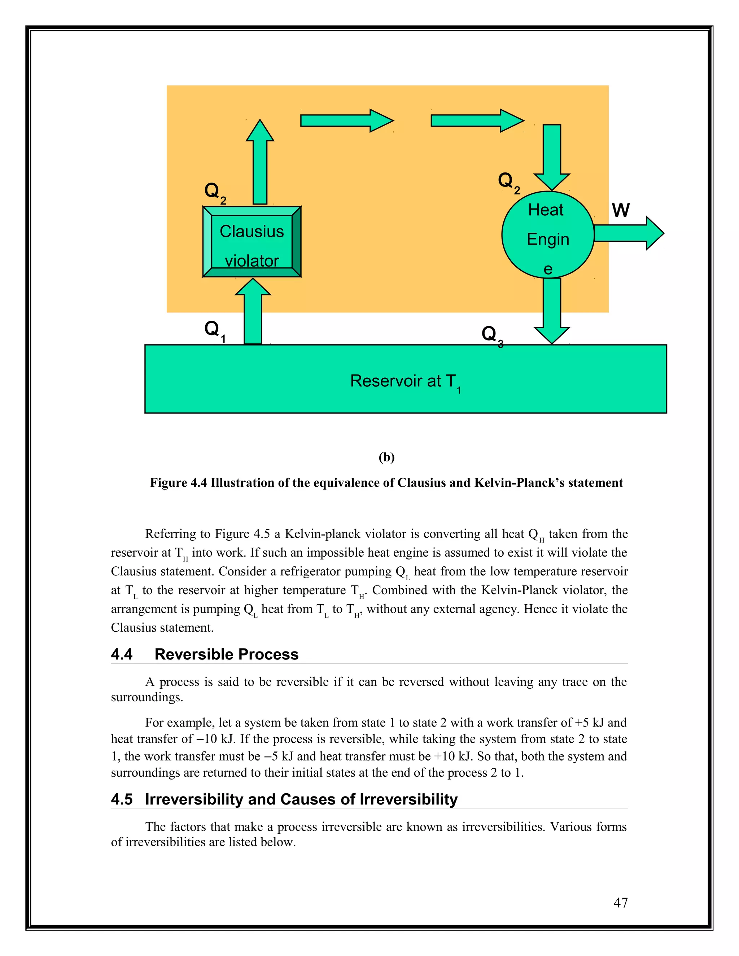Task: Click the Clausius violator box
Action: [252, 242]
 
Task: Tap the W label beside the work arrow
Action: [620, 211]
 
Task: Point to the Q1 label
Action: [215, 330]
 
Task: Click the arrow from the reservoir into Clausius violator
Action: [253, 312]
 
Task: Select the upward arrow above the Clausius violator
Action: [260, 162]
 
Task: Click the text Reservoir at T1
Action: [405, 382]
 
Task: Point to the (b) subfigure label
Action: [386, 457]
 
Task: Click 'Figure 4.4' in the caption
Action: [178, 483]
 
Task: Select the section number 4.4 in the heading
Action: [122, 654]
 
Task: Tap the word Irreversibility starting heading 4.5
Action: [194, 799]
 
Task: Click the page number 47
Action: [620, 902]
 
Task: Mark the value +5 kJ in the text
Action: [590, 723]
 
